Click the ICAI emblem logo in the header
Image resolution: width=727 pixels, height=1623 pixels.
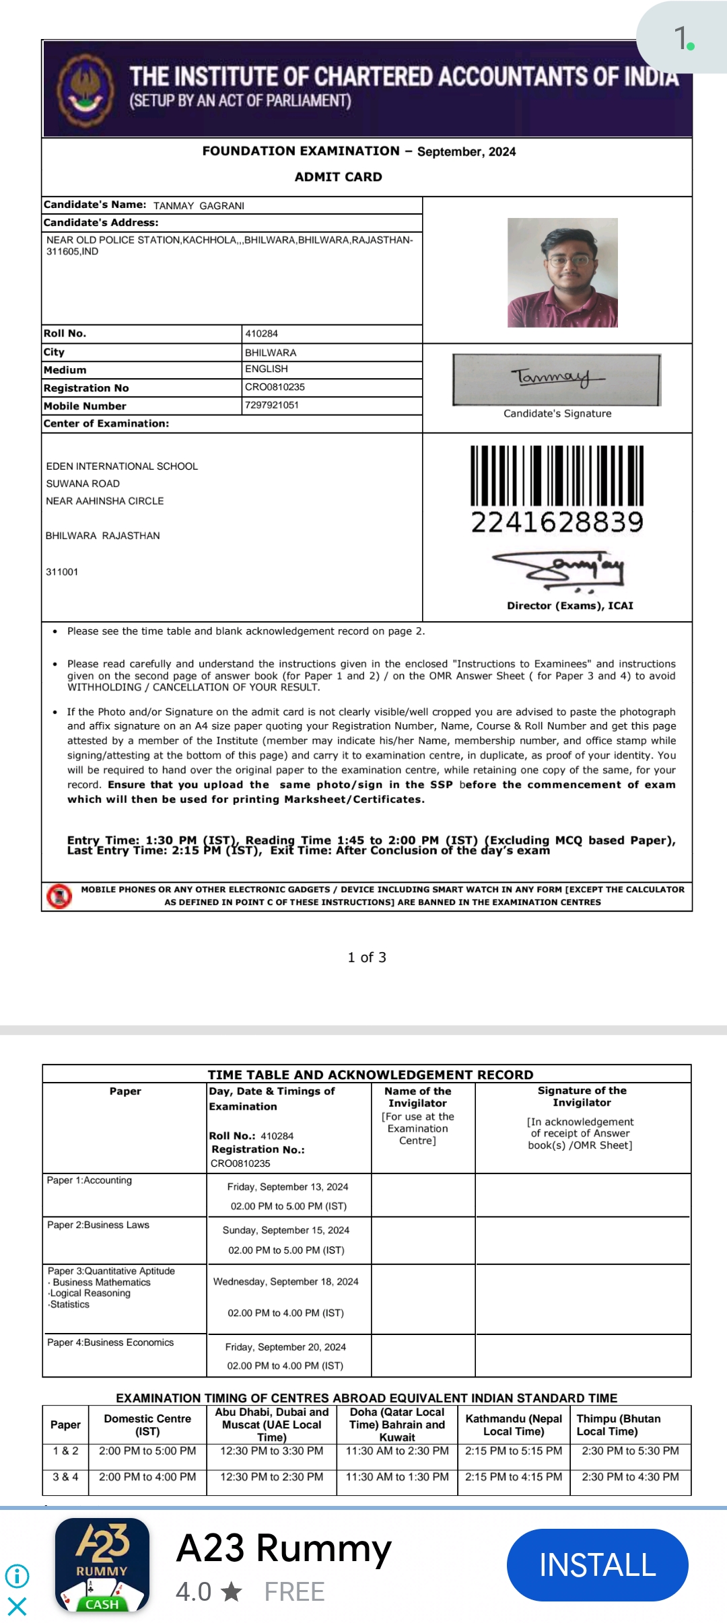point(85,90)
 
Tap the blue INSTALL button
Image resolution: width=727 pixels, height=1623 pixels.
point(597,1564)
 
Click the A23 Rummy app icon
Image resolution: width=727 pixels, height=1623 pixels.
point(102,1564)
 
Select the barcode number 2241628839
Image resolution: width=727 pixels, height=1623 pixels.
point(557,522)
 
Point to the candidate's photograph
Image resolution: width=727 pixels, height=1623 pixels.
point(562,273)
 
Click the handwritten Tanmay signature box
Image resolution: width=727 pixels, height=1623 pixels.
point(557,380)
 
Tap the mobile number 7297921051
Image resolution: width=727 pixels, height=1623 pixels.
point(272,405)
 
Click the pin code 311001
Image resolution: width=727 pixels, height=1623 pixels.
point(62,572)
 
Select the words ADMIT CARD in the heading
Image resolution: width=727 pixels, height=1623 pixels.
point(338,177)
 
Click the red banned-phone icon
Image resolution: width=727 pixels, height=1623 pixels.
point(59,896)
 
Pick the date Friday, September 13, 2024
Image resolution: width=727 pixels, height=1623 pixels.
point(287,1187)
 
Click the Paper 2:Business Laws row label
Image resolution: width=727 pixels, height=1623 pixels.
point(98,1225)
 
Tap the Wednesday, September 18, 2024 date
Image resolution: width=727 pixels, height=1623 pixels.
point(285,1282)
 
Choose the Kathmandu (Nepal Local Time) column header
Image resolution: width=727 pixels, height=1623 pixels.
point(514,1424)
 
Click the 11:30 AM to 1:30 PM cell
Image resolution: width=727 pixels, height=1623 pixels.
point(397,1477)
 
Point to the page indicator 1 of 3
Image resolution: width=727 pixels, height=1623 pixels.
point(367,958)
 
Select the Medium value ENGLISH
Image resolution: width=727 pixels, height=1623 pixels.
point(267,369)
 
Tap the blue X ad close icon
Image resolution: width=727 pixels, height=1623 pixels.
point(17,1606)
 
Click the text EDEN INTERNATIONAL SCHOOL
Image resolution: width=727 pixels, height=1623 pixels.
point(122,466)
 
